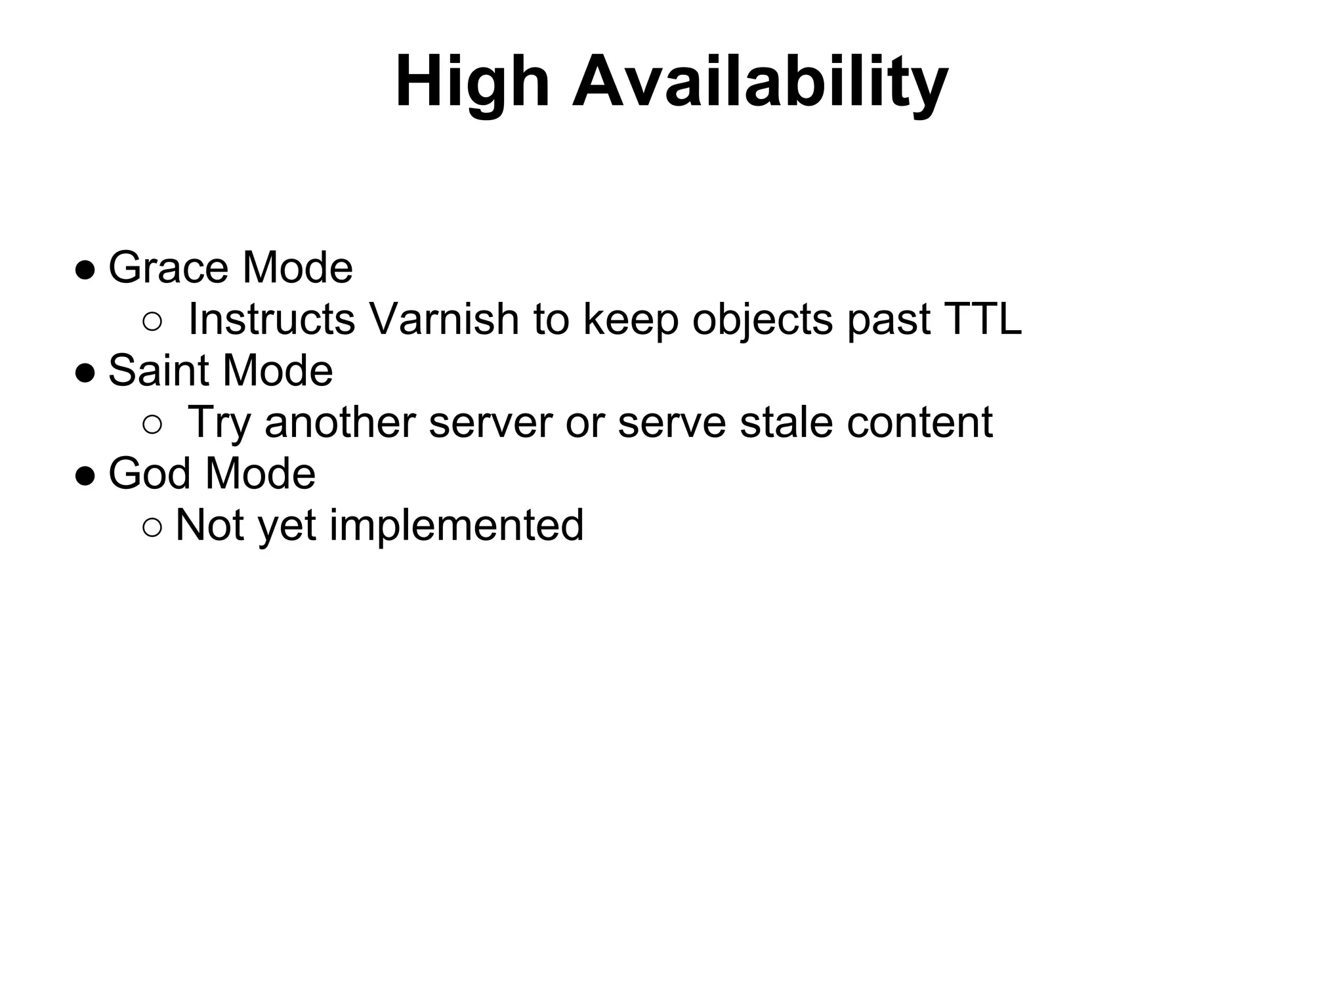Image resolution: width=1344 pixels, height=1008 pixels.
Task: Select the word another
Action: point(340,422)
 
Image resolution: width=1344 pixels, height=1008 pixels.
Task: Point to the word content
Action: point(919,422)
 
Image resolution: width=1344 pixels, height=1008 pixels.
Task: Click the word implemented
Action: point(457,525)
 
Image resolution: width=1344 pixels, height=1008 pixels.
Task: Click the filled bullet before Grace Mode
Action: point(85,270)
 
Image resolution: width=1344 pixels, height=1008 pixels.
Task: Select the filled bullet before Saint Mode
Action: point(85,373)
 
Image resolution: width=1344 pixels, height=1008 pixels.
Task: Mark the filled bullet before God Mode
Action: point(85,475)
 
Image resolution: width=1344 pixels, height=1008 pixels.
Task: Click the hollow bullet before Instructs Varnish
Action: point(152,322)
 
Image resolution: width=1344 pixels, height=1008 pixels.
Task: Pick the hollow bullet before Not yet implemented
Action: point(152,527)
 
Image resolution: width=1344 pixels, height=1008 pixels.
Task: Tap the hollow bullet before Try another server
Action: point(152,425)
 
